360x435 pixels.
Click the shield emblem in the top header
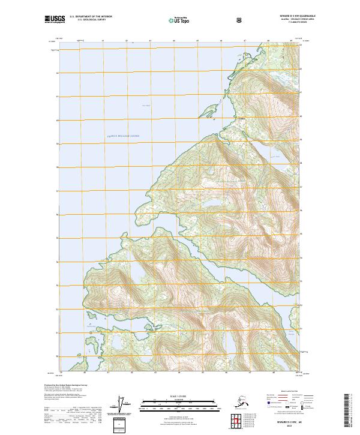click(x=241, y=20)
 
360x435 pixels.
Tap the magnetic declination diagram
click(x=124, y=404)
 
